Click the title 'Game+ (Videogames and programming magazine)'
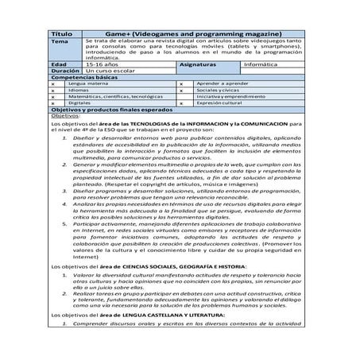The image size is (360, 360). tap(192, 35)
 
